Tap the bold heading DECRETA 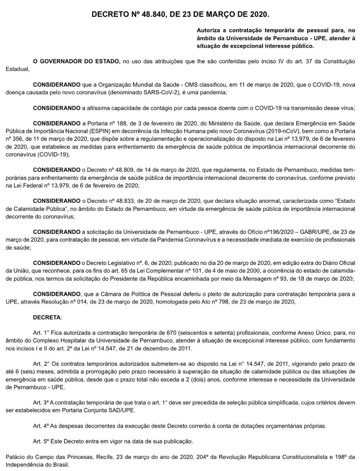[x=47, y=317]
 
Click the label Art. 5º [x=41, y=441]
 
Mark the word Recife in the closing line [x=104, y=457]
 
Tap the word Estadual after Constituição [x=17, y=69]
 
